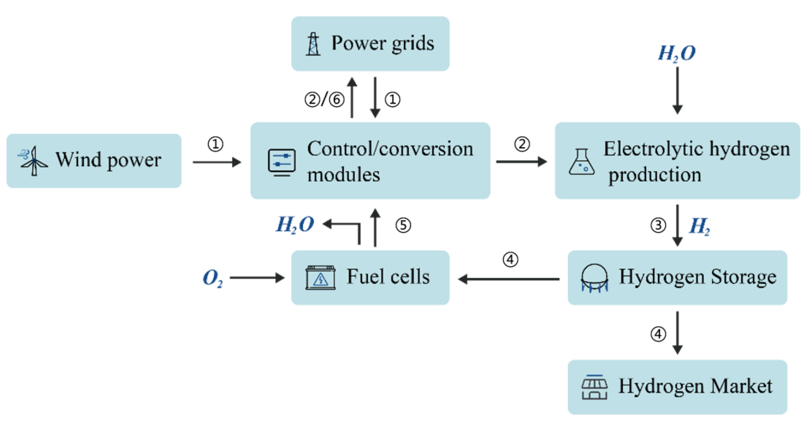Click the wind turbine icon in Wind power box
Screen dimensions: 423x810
pyautogui.click(x=33, y=161)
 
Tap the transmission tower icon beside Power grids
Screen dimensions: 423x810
pyautogui.click(x=313, y=44)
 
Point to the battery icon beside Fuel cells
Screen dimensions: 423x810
pyautogui.click(x=320, y=278)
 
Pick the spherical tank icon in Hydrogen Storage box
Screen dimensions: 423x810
pyautogui.click(x=594, y=278)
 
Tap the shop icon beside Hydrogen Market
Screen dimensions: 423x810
pyautogui.click(x=594, y=387)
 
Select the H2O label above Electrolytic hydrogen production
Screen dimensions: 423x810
pyautogui.click(x=677, y=53)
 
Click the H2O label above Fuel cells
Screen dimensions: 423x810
pyautogui.click(x=295, y=225)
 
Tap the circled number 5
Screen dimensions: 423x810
pyautogui.click(x=403, y=225)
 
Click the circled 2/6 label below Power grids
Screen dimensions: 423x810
pyautogui.click(x=325, y=100)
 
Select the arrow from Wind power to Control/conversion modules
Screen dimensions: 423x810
pyautogui.click(x=217, y=162)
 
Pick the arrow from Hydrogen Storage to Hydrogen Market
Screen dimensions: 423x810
pyautogui.click(x=677, y=333)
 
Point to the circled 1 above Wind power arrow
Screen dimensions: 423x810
pyautogui.click(x=215, y=144)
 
